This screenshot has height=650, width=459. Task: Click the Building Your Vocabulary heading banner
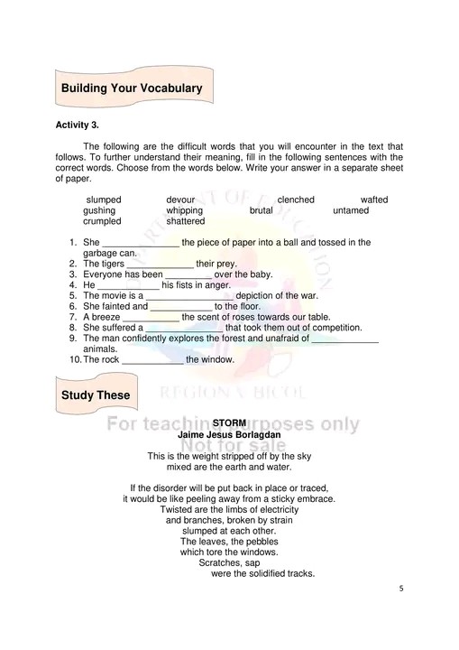tap(131, 88)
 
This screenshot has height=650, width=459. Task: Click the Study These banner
tap(95, 395)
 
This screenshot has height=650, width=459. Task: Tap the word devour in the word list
tap(180, 200)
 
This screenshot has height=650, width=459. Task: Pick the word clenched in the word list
tap(296, 200)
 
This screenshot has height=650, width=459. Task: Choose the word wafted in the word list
tap(374, 200)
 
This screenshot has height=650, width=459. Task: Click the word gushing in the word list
tap(99, 210)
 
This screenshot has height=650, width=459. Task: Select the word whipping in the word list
tap(185, 210)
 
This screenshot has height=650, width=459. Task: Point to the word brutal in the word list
tap(262, 210)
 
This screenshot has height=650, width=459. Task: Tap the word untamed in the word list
tap(351, 210)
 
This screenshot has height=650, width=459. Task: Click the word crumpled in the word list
tap(103, 221)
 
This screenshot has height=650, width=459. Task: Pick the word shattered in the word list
tap(186, 221)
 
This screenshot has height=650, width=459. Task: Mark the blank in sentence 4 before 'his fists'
tap(127, 285)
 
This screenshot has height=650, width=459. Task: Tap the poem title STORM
tap(229, 423)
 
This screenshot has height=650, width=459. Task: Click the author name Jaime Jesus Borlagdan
tap(229, 434)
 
